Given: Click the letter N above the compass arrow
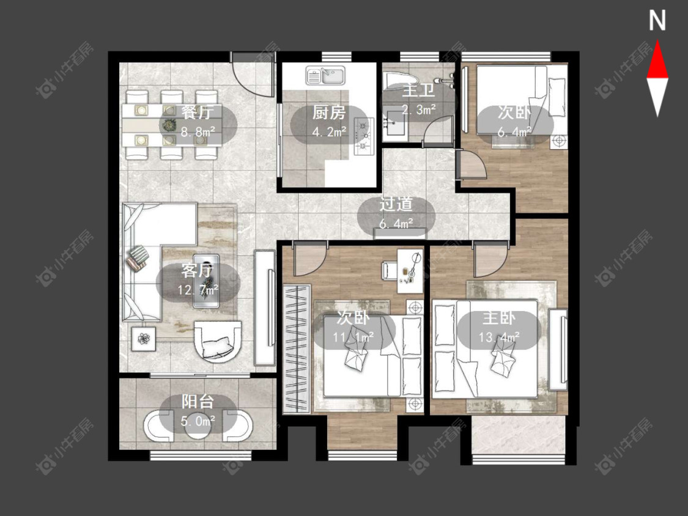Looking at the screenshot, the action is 657,21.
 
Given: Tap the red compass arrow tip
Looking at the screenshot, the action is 657,41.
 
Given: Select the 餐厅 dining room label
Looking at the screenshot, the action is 198,112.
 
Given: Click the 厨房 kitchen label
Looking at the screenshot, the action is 328,112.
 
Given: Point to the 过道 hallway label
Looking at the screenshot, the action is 396,204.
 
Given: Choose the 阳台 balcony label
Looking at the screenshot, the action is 198,402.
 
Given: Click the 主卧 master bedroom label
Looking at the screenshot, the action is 498,318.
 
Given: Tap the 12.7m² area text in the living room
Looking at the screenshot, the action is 198,290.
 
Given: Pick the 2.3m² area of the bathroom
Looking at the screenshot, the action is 418,109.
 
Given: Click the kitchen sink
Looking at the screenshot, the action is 325,75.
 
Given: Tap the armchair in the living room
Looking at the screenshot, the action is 218,341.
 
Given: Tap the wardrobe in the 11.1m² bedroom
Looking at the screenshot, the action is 297,349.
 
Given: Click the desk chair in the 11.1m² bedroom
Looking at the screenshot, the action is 391,270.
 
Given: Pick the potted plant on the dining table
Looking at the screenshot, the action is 169,125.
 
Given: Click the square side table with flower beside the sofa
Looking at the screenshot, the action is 144,339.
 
